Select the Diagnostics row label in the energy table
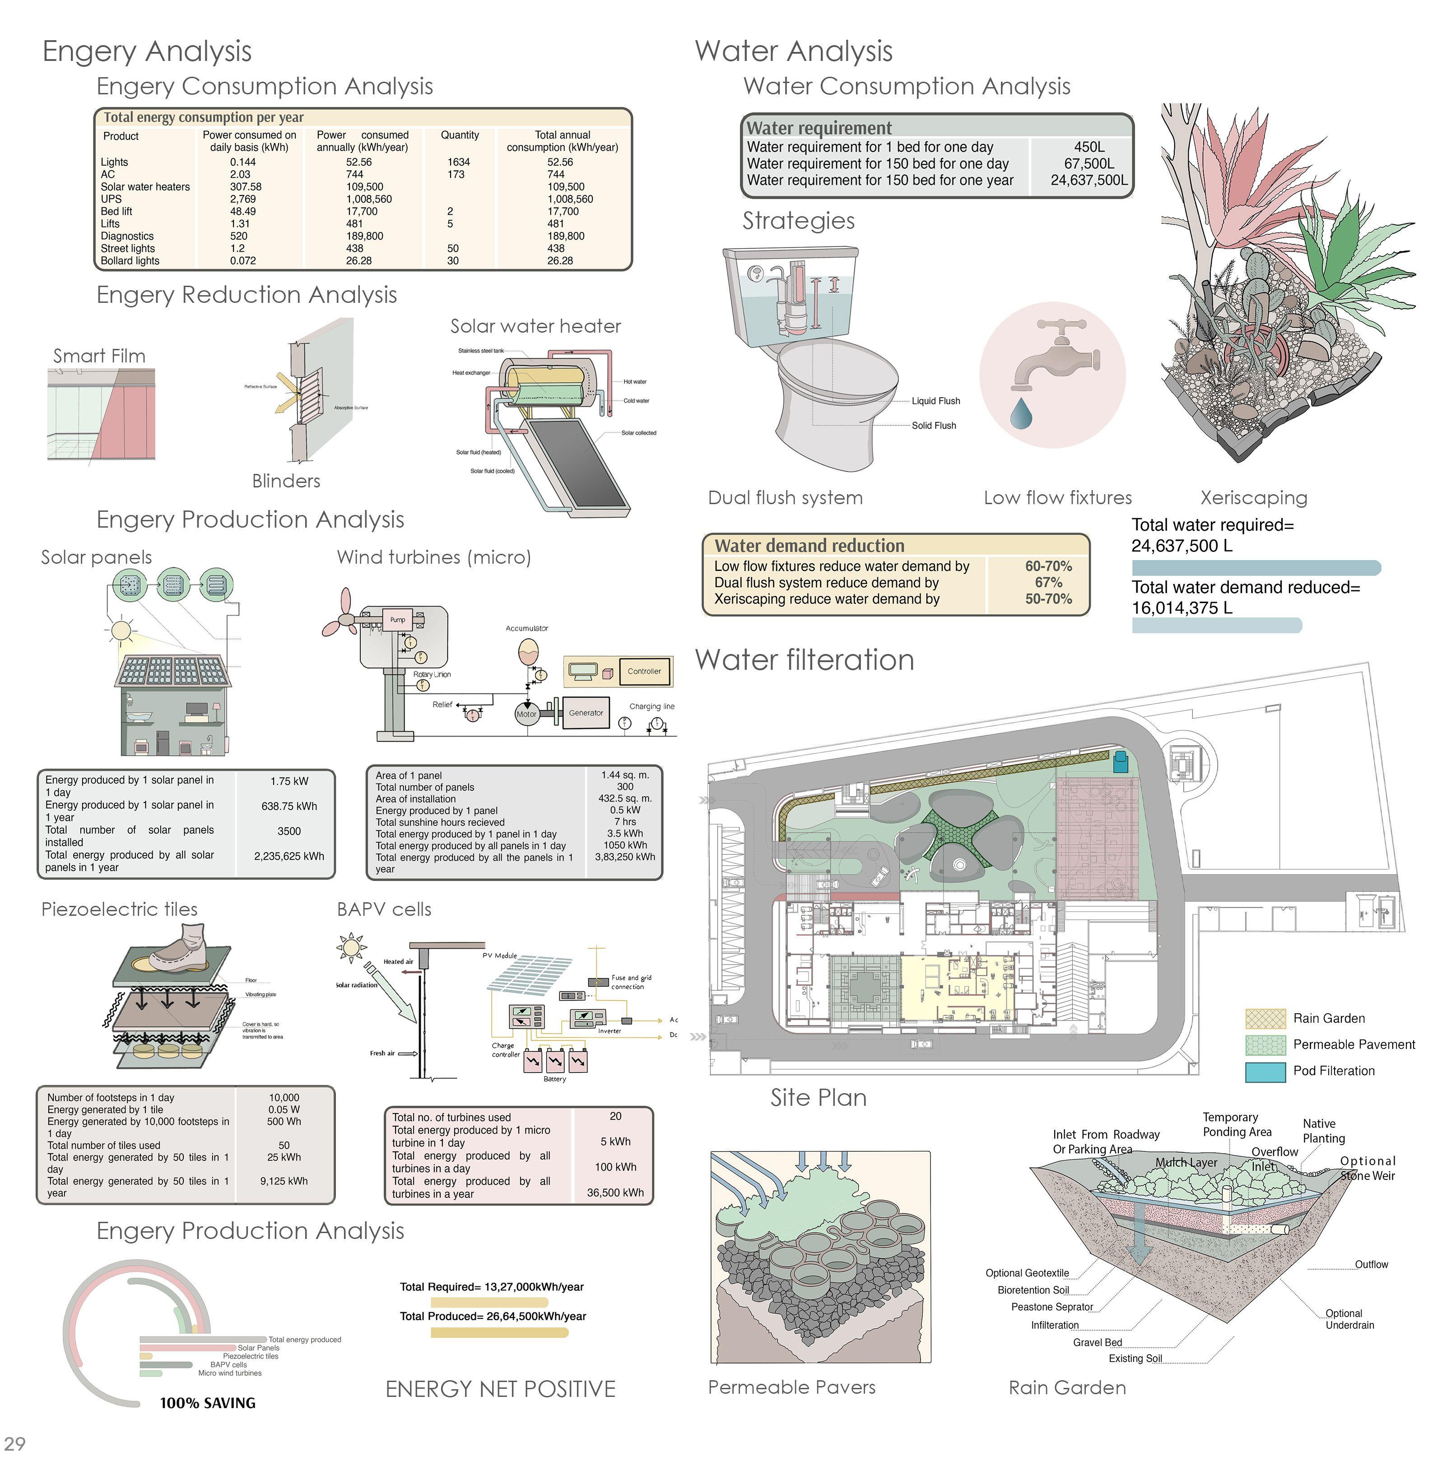click(x=127, y=236)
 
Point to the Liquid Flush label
click(x=935, y=401)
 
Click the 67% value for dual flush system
click(x=1048, y=582)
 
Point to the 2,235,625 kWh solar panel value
click(x=289, y=856)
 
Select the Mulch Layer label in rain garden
click(x=1186, y=1162)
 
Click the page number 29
click(x=15, y=1443)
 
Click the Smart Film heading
click(x=99, y=355)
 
